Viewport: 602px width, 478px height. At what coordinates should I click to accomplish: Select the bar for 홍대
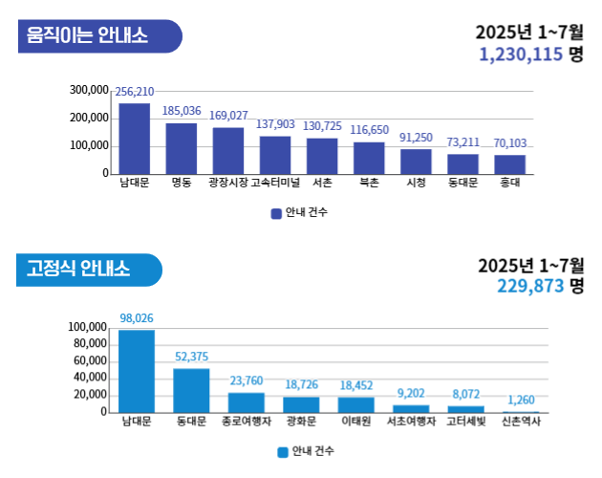[509, 164]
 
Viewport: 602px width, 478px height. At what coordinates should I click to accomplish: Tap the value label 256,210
[134, 93]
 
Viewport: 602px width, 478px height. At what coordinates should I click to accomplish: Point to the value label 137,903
[275, 125]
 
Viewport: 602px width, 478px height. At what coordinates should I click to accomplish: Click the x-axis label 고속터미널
[275, 182]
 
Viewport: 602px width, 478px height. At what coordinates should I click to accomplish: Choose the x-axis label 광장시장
[227, 182]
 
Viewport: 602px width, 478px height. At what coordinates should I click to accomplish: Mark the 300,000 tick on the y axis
[89, 90]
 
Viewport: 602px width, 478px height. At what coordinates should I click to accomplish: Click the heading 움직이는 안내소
[87, 37]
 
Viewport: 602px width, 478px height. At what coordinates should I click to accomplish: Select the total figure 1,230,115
[521, 55]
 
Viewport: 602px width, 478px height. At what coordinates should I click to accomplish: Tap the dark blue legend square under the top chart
[275, 212]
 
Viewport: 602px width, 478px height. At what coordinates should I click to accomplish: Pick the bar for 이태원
[356, 404]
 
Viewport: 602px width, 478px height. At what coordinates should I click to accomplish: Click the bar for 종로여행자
[247, 402]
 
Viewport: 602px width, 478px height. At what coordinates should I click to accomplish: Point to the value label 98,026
[137, 317]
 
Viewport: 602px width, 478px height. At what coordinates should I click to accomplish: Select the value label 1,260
[521, 400]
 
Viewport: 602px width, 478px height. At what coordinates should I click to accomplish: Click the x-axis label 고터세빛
[466, 421]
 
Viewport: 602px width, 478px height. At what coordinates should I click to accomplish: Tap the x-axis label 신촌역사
[521, 421]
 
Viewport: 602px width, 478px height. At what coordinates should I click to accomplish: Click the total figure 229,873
[529, 285]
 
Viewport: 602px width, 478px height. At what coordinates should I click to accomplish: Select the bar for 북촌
[369, 158]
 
